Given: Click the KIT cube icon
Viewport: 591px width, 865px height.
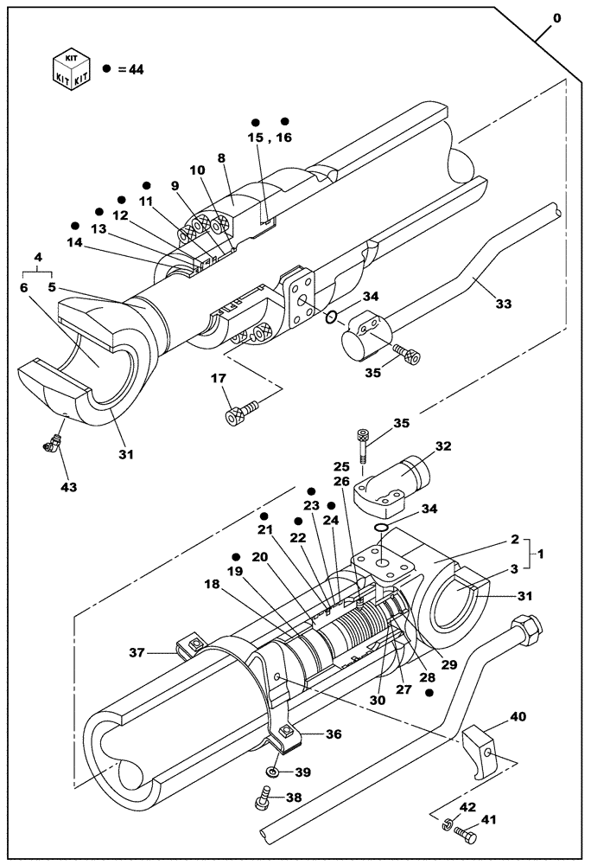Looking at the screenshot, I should [x=71, y=68].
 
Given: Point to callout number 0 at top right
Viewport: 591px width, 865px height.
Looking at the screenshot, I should [x=556, y=17].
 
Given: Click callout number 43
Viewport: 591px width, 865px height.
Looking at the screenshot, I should [x=68, y=487].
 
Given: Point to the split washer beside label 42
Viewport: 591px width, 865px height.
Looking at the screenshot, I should [x=443, y=827].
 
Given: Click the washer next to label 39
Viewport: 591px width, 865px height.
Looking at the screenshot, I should [x=273, y=771].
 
